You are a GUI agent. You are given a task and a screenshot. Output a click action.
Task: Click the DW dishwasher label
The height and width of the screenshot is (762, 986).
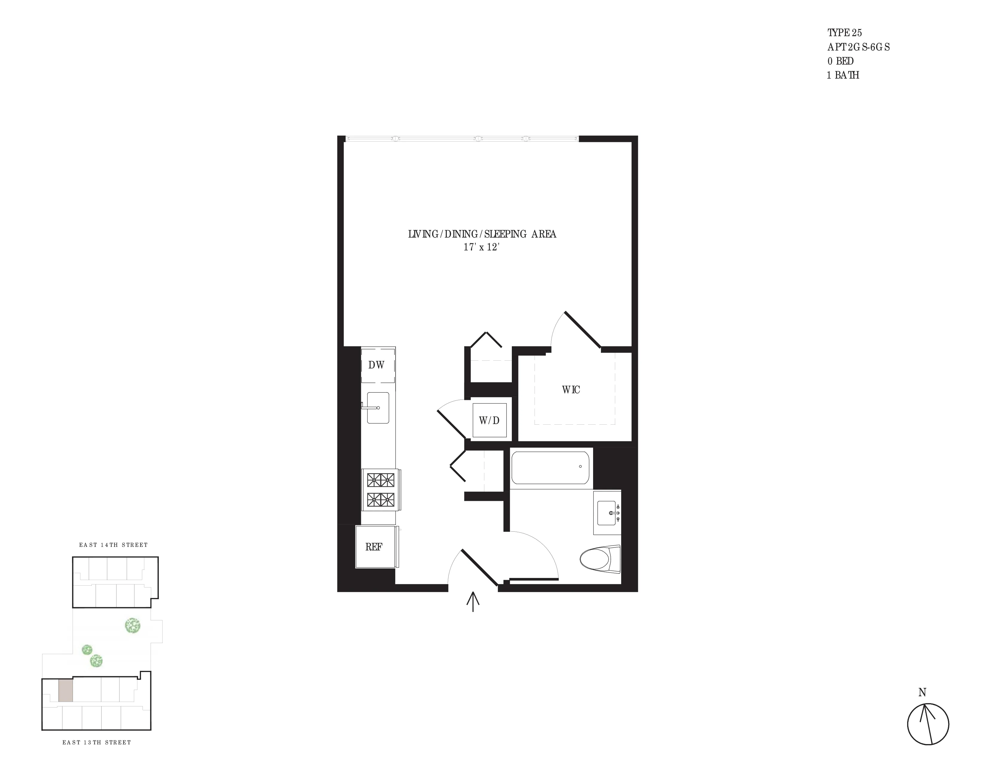coord(376,365)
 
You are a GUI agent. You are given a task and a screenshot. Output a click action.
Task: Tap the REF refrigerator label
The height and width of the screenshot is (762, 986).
coord(374,547)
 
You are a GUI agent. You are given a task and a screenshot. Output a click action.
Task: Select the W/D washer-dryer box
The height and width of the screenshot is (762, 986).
coord(489,420)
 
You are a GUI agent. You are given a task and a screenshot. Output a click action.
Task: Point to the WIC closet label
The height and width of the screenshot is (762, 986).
coord(571,390)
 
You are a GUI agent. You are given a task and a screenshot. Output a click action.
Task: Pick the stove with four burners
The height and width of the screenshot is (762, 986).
coord(381,490)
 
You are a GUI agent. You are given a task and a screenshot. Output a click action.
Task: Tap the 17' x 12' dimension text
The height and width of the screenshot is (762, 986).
coord(481,247)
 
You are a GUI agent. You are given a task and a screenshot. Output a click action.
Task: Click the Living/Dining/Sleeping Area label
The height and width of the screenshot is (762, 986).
coord(482,234)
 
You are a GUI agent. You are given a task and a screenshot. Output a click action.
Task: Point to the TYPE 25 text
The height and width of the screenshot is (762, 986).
coord(844,33)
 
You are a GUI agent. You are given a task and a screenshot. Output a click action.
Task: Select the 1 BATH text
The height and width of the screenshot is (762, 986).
coord(843,75)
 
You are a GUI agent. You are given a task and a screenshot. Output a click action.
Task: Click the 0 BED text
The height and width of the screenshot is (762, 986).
coord(840,61)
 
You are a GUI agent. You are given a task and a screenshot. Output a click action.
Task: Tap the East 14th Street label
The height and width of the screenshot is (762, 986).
coord(113,545)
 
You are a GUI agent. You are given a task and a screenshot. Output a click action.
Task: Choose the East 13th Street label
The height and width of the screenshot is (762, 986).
coord(97,742)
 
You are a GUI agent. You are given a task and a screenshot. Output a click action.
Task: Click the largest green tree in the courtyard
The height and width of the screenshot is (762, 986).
coord(132,626)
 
